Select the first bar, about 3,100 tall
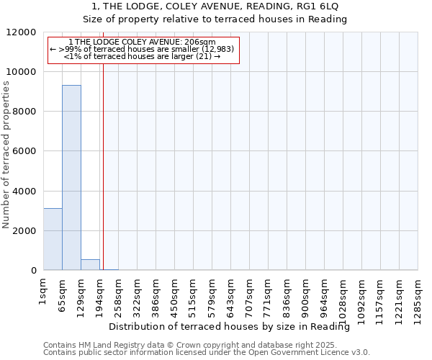(x=53, y=239)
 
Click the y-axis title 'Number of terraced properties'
(x=6, y=155)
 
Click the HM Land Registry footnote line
(x=204, y=345)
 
